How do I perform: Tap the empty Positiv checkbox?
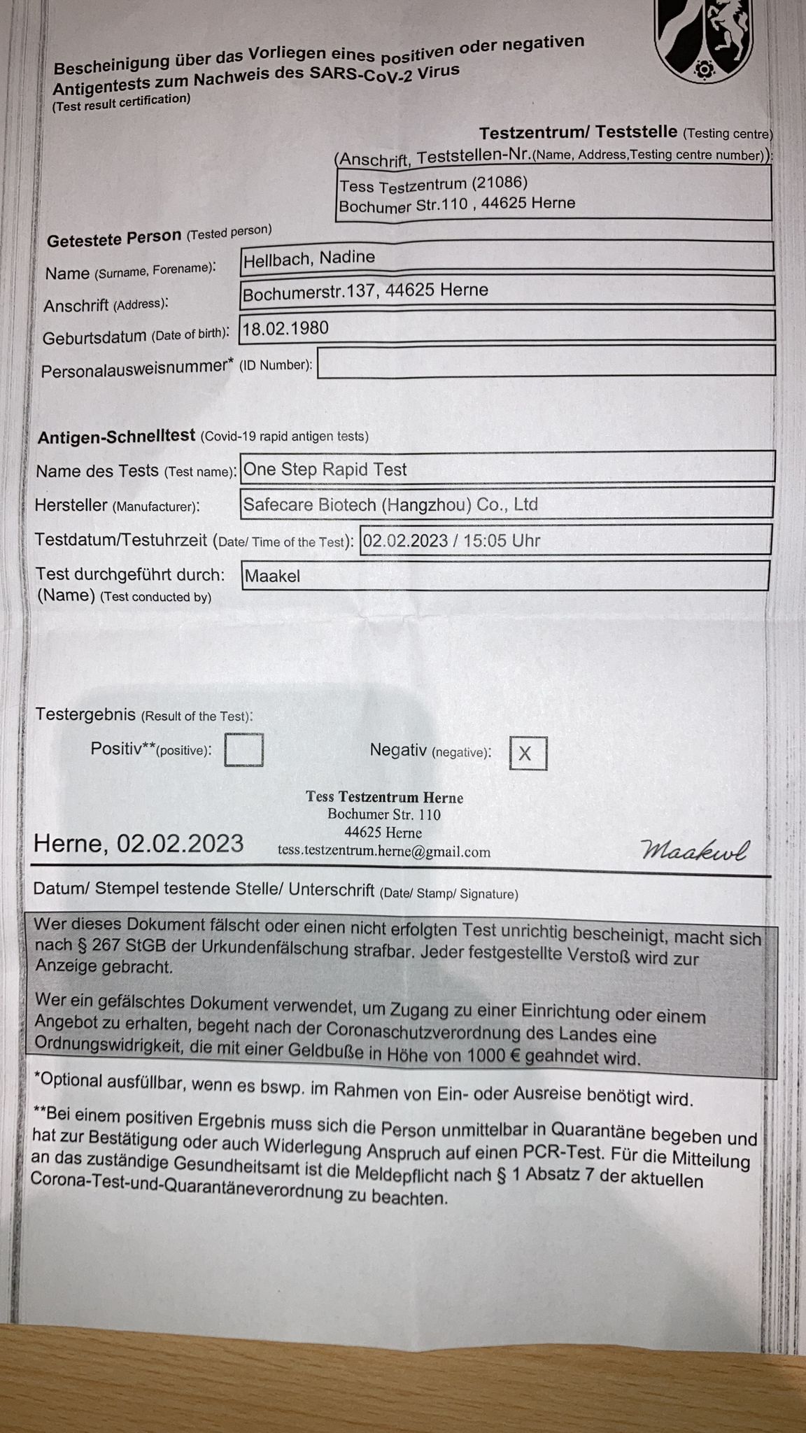pyautogui.click(x=243, y=749)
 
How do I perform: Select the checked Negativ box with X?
pyautogui.click(x=528, y=754)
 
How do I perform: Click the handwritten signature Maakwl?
pyautogui.click(x=694, y=850)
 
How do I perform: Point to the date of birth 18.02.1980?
pyautogui.click(x=285, y=328)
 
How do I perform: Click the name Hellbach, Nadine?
pyautogui.click(x=309, y=258)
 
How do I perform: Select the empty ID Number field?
pyautogui.click(x=546, y=362)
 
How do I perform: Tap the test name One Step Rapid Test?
pyautogui.click(x=325, y=470)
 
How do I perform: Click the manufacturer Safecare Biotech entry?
pyautogui.click(x=390, y=504)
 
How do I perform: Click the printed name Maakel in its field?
pyautogui.click(x=272, y=577)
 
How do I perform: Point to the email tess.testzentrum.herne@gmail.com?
pyautogui.click(x=384, y=852)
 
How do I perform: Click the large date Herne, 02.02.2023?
pyautogui.click(x=139, y=843)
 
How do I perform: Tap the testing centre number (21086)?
pyautogui.click(x=499, y=183)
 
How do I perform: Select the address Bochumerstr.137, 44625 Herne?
pyautogui.click(x=365, y=292)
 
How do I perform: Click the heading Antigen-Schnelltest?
pyautogui.click(x=116, y=437)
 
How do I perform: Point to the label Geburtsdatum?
pyautogui.click(x=94, y=338)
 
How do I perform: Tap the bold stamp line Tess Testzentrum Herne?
pyautogui.click(x=384, y=797)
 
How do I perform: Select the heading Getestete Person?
pyautogui.click(x=114, y=239)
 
